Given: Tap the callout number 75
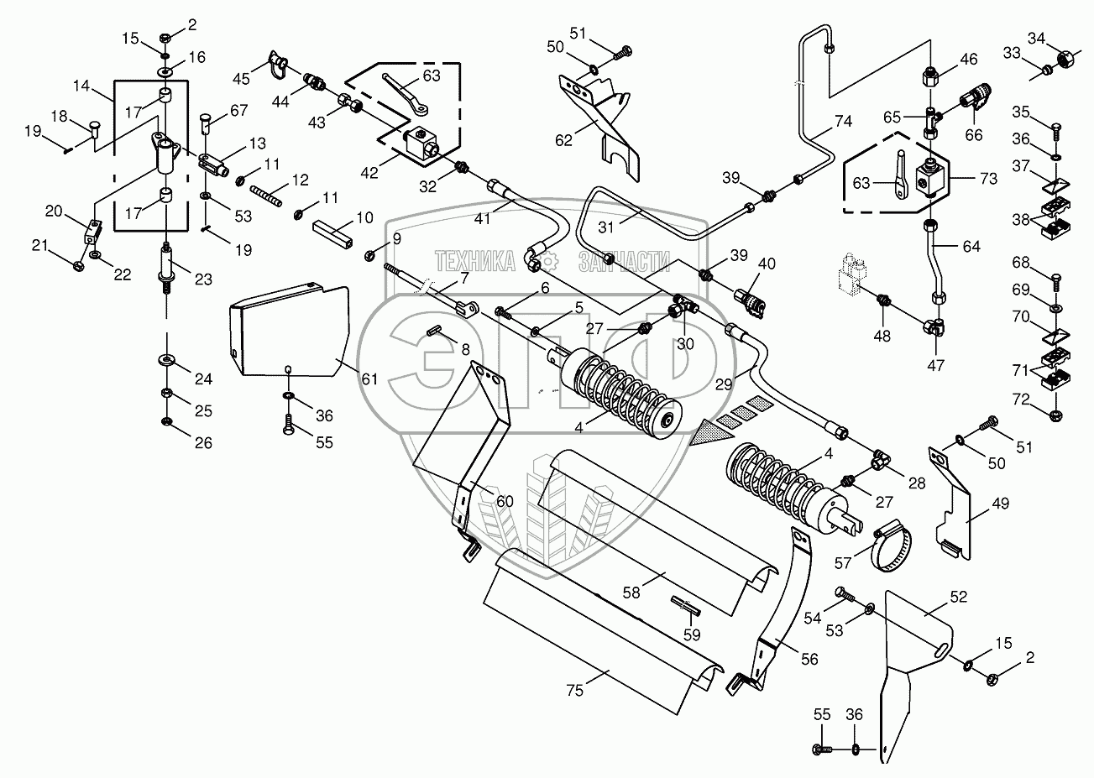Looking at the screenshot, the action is coord(575,690).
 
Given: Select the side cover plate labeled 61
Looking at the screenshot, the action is coord(291,332).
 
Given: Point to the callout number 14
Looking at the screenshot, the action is coord(81,86).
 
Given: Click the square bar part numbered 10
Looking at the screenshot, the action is coord(332,235).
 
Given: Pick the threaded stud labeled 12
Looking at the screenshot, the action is coord(266,196).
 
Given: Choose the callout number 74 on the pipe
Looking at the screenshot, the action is coord(843,121).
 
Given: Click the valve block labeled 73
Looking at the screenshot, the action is coord(932,179).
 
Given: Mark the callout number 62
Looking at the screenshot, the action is coord(563,140).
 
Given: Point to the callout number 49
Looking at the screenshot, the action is coord(1000,504).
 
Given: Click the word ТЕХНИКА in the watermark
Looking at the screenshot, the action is coord(474,261).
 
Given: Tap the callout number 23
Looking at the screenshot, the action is coord(203,279).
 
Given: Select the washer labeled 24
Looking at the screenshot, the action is coord(168,361).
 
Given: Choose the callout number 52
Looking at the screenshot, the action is coord(959,597).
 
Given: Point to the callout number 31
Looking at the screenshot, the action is coord(605,227).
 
